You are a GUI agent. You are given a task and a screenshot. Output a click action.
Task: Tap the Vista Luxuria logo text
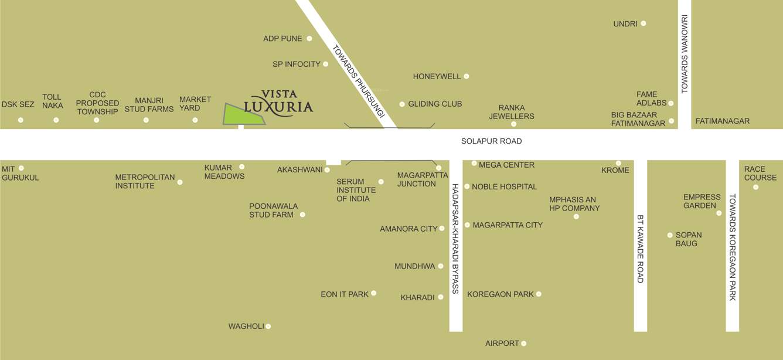tap(278, 103)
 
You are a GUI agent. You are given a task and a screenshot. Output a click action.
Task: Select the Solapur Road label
tap(491, 141)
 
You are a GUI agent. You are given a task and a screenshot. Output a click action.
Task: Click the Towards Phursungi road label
tap(358, 81)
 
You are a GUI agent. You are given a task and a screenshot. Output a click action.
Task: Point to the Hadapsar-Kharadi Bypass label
tap(455, 239)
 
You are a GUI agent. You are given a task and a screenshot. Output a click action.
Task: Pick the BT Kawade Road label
tap(640, 249)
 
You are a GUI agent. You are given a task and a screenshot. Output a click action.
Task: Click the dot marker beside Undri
tap(644, 23)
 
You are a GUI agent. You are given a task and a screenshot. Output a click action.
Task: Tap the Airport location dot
tap(524, 344)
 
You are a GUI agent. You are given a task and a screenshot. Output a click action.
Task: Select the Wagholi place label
tap(246, 327)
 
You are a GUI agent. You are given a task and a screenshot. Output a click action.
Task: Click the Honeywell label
tap(437, 77)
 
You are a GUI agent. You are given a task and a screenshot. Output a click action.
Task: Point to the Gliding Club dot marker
tap(402, 104)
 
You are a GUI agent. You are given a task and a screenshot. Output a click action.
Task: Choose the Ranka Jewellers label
tap(516, 112)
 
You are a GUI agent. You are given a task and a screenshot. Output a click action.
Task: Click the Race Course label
tap(760, 174)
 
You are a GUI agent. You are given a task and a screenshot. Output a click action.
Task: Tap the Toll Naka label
tap(53, 101)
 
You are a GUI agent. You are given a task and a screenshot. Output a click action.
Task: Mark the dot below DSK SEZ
tap(21, 120)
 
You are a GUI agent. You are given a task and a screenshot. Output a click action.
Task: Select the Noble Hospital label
tap(504, 187)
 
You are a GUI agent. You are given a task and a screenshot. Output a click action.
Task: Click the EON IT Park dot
tap(373, 293)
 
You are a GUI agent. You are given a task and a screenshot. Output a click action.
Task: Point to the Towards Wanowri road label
tap(684, 55)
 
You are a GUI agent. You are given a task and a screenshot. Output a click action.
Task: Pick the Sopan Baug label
tap(688, 239)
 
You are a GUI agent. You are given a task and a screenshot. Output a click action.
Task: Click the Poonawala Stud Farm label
tap(273, 210)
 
